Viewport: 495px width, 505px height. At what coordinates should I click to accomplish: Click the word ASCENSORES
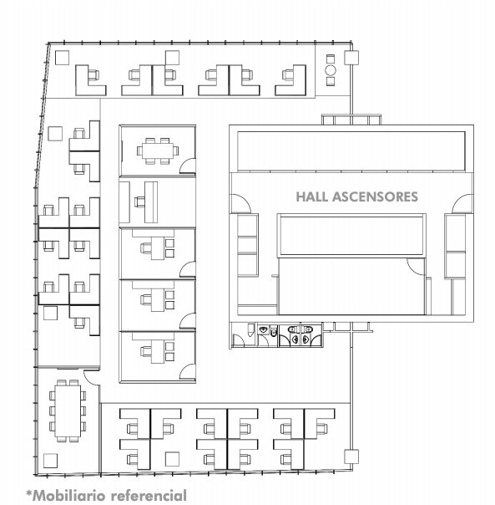[375, 196]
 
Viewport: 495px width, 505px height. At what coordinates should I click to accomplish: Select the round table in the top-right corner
[331, 70]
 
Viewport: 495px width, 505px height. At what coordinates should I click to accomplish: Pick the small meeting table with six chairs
[158, 150]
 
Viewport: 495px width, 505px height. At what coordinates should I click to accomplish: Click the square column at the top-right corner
[351, 58]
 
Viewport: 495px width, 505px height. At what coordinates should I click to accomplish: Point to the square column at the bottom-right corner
[351, 457]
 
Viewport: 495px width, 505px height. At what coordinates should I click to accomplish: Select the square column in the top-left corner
[62, 58]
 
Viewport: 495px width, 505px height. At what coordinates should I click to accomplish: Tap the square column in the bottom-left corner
[50, 461]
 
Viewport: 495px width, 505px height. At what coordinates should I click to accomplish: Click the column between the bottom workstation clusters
[172, 459]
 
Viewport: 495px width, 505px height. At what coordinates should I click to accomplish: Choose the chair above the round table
[331, 59]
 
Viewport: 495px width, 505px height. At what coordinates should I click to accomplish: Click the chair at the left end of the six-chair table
[139, 150]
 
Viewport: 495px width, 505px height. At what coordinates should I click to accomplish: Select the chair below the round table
[331, 81]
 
